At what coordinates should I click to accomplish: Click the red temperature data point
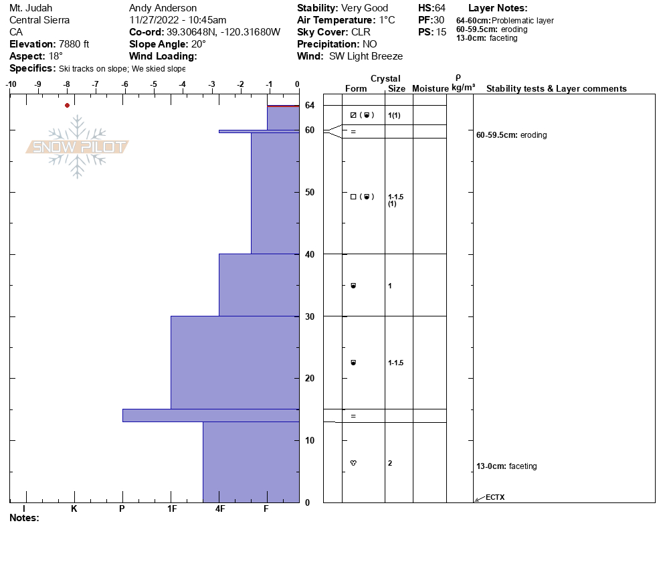tap(67, 105)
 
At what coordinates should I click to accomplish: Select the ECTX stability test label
tap(494, 497)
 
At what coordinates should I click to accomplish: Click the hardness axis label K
tap(74, 508)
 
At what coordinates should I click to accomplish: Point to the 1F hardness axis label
tap(171, 508)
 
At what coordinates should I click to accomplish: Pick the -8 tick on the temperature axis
tap(67, 84)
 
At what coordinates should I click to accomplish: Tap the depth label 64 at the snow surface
tap(310, 106)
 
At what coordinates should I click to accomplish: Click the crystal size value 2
tap(390, 463)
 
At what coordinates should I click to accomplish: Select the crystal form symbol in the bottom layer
tap(353, 463)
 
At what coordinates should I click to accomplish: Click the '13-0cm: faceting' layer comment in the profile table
tap(506, 466)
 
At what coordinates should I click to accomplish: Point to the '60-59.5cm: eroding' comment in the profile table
tap(511, 135)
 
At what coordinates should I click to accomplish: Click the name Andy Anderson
tap(163, 8)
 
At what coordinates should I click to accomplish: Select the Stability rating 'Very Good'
tap(364, 8)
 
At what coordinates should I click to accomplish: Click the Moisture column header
tap(430, 89)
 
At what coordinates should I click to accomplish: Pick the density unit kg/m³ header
tap(463, 88)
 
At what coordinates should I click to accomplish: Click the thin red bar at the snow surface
tap(283, 106)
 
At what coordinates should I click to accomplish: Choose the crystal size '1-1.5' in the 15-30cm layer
tap(395, 363)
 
